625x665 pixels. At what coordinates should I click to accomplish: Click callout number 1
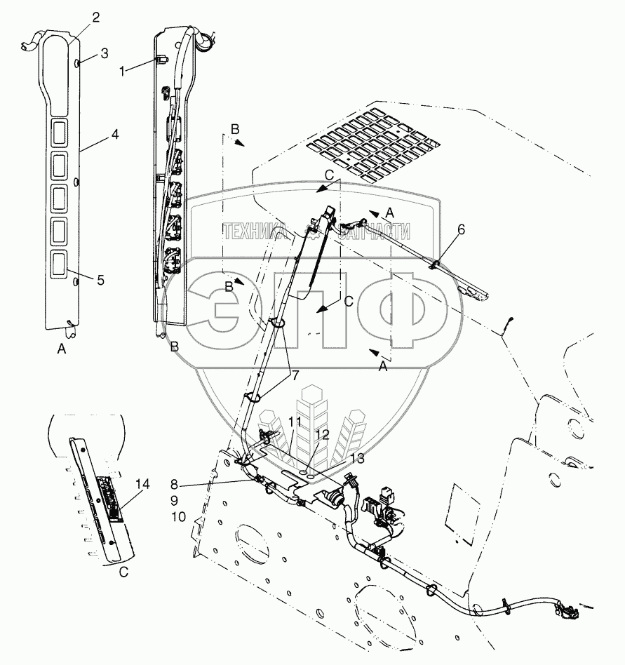tap(124, 70)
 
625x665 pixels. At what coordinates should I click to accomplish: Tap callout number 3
tap(104, 52)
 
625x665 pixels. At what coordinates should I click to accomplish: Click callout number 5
tap(100, 280)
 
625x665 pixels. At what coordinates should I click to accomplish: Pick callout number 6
tap(461, 229)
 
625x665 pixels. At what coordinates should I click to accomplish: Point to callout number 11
tap(294, 422)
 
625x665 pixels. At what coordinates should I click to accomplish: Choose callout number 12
tap(321, 435)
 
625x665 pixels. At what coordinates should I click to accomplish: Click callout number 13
tap(357, 458)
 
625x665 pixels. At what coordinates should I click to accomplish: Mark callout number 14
tap(142, 483)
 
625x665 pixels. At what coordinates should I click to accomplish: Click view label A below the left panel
tap(62, 349)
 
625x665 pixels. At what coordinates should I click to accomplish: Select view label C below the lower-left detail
tap(124, 572)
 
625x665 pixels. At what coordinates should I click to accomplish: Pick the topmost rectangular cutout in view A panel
tap(60, 131)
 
